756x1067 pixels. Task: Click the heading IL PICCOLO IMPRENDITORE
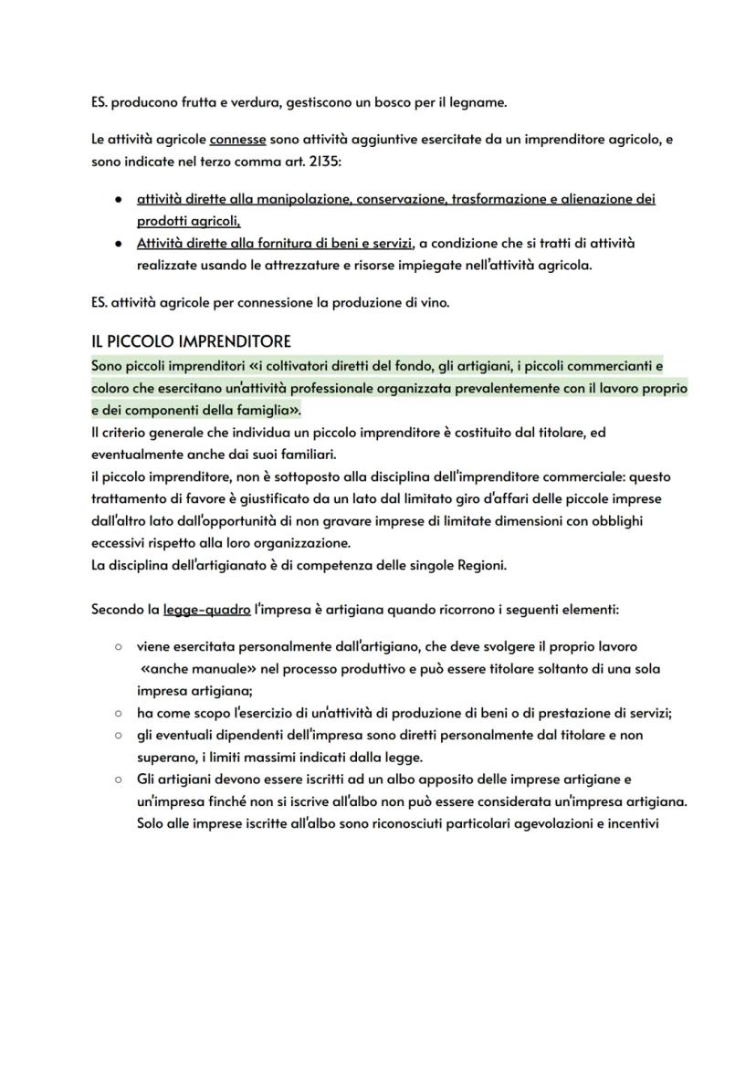191,341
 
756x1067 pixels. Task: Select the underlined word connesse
237,140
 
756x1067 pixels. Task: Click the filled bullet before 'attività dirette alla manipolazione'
118,199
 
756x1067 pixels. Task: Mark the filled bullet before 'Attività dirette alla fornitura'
118,243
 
